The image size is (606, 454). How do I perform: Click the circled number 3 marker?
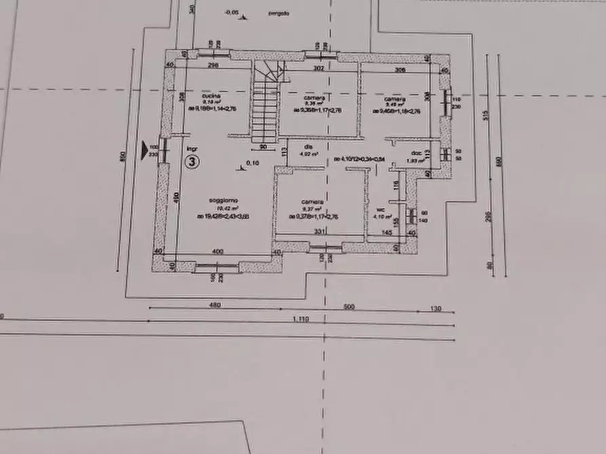pos(193,162)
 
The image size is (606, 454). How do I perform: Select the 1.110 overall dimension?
pos(301,318)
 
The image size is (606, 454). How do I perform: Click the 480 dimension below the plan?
pos(215,305)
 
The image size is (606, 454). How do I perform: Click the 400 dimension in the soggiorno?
pos(217,251)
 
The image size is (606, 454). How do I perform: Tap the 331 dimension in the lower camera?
pos(318,232)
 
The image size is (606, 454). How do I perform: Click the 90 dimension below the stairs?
pos(263,146)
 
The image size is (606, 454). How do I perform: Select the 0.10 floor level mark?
pos(252,163)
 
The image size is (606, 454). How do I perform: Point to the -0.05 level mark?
pos(232,12)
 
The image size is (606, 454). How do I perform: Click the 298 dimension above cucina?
pos(213,66)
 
